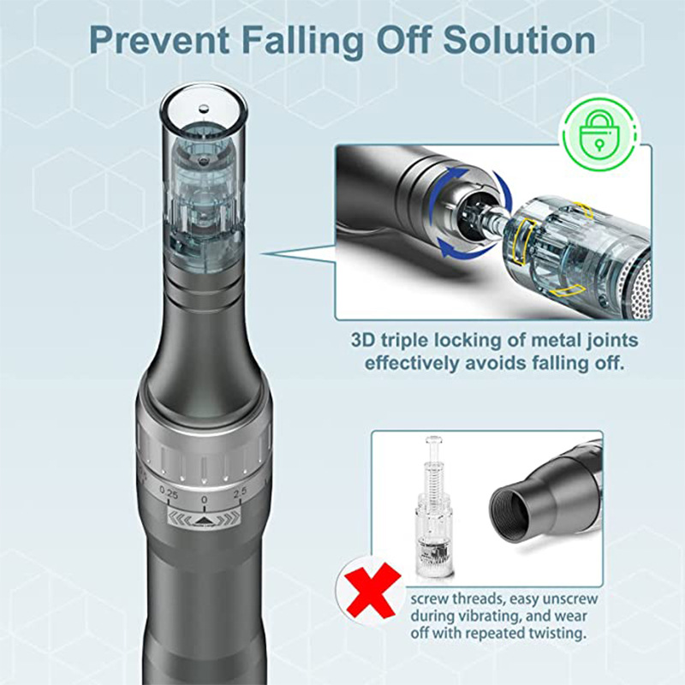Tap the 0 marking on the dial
[204, 497]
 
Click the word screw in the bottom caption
[433, 598]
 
